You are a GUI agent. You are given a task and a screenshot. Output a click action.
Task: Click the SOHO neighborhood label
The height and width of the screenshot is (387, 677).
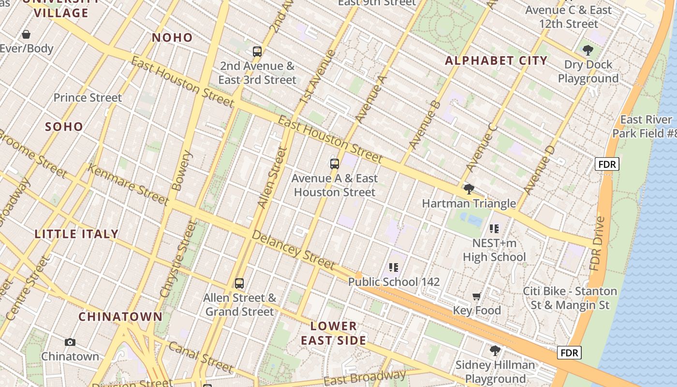point(64,127)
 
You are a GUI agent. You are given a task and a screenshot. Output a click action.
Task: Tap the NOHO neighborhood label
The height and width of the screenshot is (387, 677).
point(172,38)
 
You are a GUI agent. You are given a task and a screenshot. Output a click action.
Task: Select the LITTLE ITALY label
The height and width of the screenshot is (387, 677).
point(76,234)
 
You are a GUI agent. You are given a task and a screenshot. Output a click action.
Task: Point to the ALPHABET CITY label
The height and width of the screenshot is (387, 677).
point(496,61)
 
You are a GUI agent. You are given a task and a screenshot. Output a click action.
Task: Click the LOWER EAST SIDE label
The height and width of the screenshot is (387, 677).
point(334,333)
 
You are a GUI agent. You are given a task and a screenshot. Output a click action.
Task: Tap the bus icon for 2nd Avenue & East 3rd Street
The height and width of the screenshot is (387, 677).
point(257,51)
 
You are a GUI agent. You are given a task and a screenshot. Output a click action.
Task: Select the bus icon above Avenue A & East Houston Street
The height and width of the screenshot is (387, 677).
point(335,164)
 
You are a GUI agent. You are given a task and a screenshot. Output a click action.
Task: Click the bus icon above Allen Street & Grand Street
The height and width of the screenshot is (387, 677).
point(239,283)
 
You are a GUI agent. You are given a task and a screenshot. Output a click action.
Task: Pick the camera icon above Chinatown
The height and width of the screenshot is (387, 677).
point(70,342)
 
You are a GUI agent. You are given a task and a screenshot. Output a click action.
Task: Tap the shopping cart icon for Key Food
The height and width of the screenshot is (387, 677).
point(477,296)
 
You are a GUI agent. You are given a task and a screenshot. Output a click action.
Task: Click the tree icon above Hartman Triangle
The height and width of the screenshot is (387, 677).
point(469,189)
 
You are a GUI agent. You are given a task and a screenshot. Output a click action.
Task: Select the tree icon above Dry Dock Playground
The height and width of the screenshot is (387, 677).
point(588,50)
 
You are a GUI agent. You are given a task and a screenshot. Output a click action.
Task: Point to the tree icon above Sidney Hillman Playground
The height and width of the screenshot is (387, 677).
point(495,350)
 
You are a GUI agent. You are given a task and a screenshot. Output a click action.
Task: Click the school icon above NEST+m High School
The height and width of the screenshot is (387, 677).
point(494,228)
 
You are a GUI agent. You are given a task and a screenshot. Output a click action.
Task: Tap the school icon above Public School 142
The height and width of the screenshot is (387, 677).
point(394,268)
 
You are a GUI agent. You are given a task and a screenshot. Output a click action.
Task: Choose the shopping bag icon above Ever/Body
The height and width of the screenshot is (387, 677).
point(26,34)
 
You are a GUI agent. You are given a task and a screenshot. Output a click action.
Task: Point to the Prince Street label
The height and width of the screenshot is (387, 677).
point(88,98)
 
